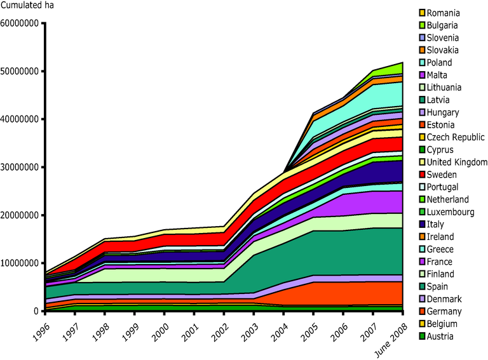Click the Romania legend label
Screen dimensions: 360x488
click(444, 13)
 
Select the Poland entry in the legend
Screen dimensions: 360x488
click(440, 62)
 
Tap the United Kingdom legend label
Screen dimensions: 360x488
click(457, 162)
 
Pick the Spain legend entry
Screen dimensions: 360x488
click(438, 286)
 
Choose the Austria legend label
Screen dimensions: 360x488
click(440, 336)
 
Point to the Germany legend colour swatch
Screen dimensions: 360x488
click(421, 311)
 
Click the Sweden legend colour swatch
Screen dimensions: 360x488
click(421, 175)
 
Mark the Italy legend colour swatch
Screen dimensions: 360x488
click(421, 224)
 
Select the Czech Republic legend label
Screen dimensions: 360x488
click(456, 137)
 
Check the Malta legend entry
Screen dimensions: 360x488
click(438, 75)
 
